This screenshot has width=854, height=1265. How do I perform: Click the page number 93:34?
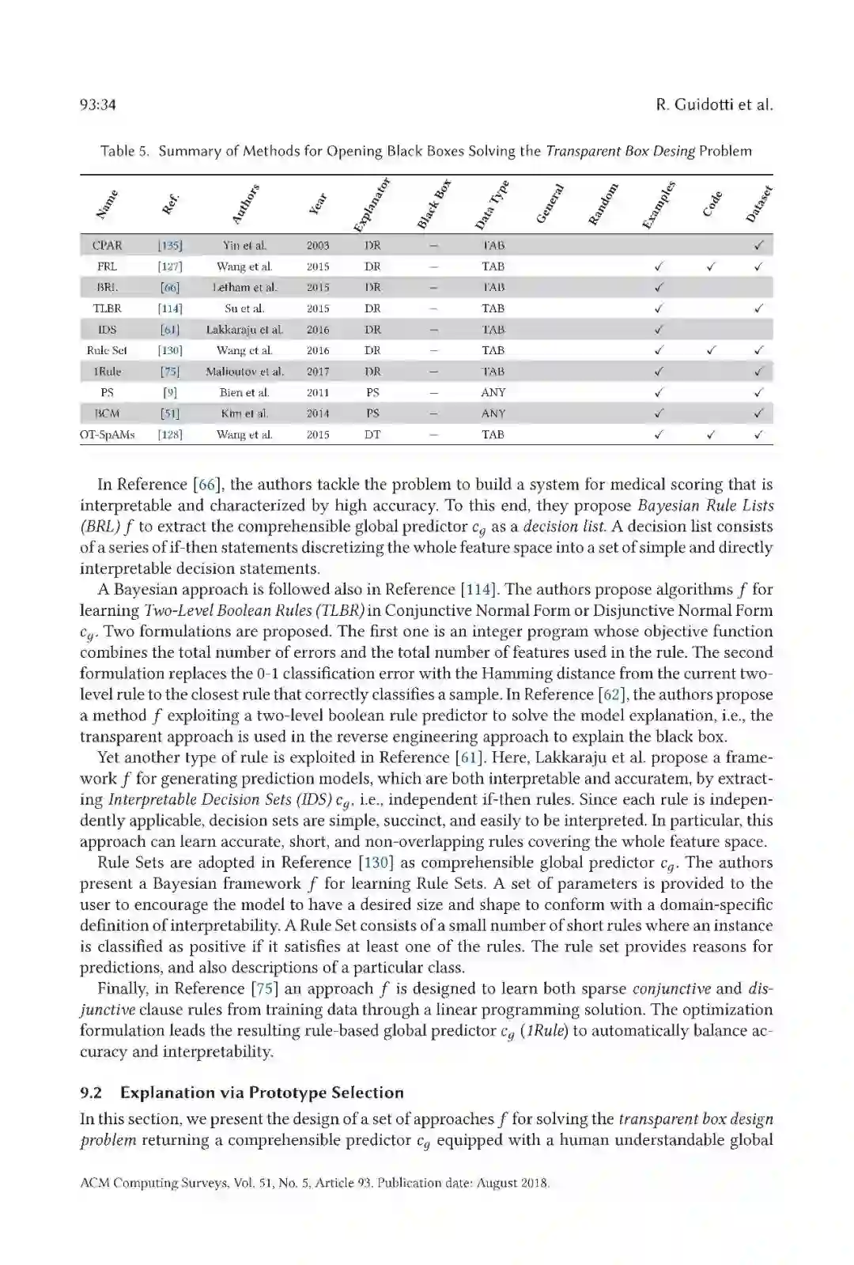[x=98, y=105]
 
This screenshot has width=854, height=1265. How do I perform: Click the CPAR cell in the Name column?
[x=108, y=246]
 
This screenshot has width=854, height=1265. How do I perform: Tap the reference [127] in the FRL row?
[x=170, y=267]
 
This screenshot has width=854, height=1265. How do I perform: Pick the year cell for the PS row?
[x=318, y=393]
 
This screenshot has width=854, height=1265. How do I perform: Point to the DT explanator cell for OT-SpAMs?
[x=372, y=435]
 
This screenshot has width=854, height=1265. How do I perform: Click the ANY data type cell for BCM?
[x=493, y=413]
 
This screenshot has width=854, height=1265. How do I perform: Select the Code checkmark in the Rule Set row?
[x=711, y=350]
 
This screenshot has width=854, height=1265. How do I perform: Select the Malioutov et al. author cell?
[x=244, y=372]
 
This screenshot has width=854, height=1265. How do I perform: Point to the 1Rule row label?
[x=108, y=372]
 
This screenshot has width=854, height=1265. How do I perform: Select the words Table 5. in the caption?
[x=125, y=151]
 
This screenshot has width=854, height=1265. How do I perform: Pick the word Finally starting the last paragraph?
[x=123, y=989]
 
